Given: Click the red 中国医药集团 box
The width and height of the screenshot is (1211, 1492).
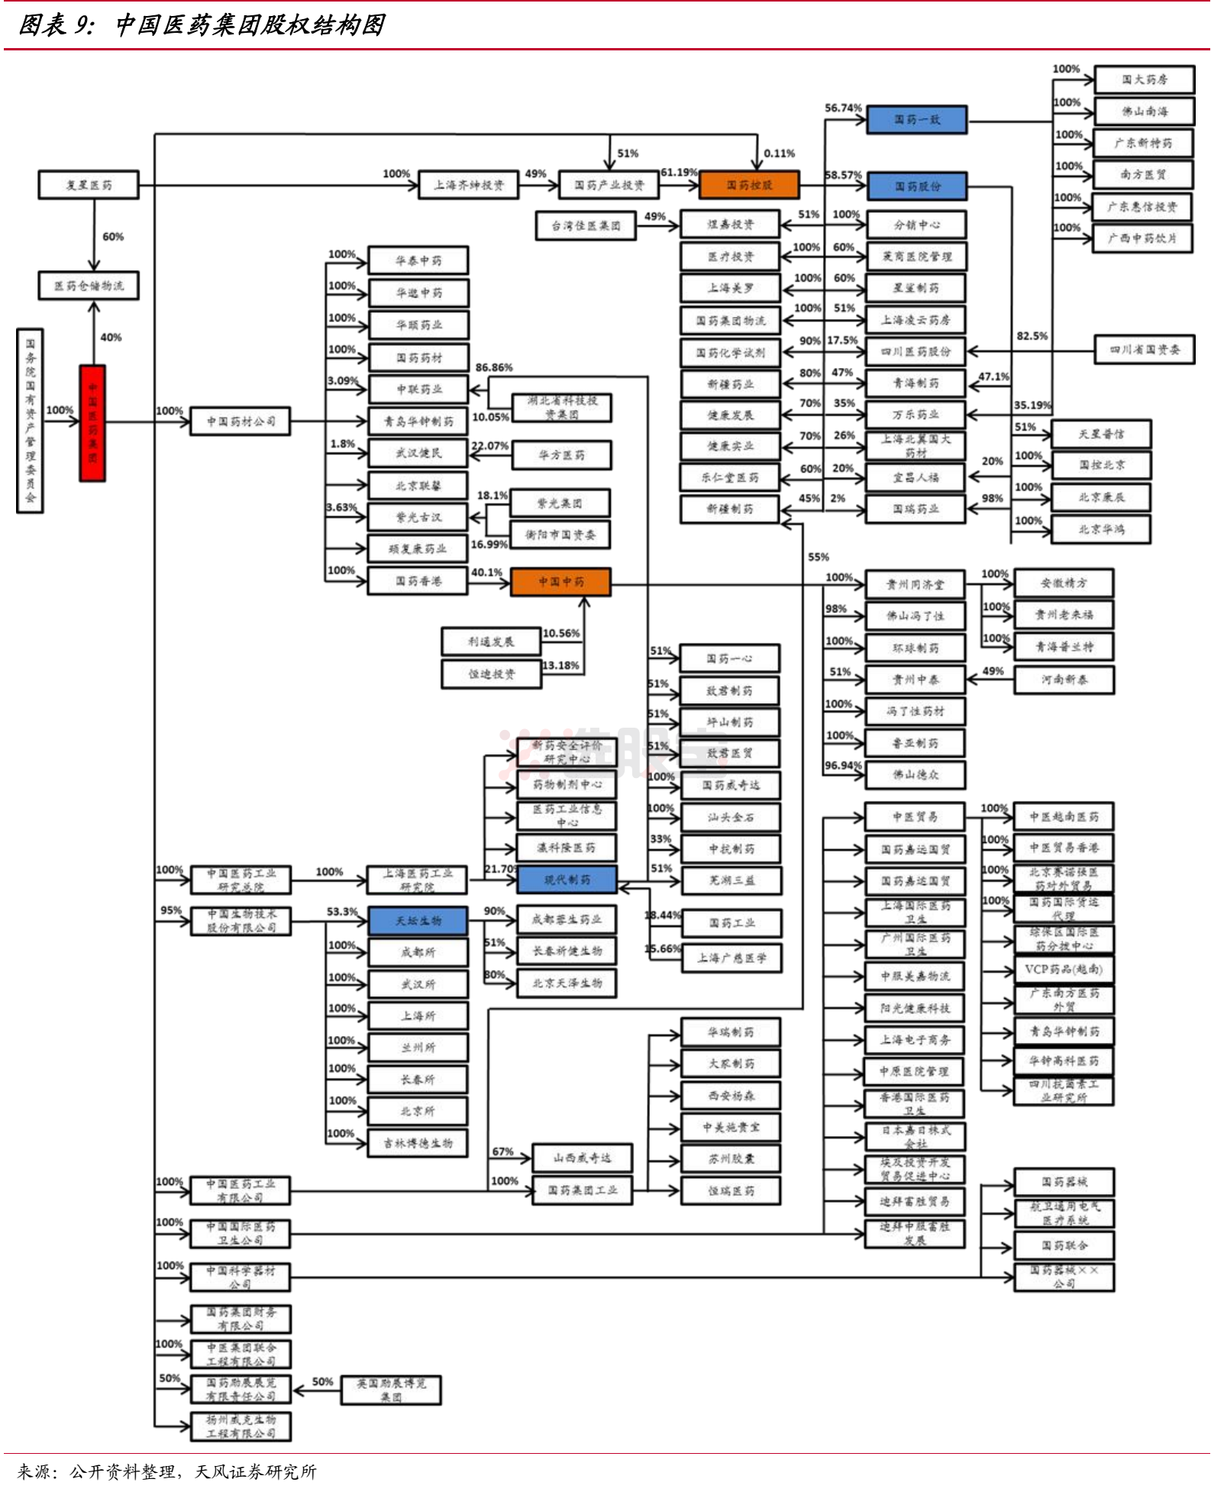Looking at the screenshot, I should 92,423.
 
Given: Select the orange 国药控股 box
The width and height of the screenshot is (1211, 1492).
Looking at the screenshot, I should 749,185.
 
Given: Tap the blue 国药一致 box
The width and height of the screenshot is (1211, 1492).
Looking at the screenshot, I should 916,120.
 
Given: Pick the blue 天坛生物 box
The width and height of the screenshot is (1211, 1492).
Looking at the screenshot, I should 418,921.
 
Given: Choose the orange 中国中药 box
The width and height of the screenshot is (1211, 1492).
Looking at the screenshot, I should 560,582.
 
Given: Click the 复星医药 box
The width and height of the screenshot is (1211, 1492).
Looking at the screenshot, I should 89,185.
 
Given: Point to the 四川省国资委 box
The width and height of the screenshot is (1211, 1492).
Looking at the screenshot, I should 1144,350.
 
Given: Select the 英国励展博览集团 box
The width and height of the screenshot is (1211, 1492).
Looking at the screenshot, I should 391,1390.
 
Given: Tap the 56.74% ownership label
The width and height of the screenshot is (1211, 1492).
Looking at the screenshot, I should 842,108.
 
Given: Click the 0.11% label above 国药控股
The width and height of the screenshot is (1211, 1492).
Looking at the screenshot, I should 779,153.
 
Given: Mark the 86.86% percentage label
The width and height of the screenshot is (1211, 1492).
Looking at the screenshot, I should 494,368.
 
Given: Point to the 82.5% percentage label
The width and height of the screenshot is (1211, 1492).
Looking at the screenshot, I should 1032,336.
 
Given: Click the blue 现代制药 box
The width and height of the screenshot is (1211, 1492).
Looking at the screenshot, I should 567,880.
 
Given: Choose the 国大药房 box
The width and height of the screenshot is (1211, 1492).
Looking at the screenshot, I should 1144,79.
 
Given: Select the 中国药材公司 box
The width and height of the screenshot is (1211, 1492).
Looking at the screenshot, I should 241,421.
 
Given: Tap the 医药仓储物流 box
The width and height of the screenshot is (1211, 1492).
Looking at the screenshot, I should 89,286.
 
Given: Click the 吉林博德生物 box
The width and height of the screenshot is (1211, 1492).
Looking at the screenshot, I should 418,1143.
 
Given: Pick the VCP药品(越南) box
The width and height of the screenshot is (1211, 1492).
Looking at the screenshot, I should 1063,969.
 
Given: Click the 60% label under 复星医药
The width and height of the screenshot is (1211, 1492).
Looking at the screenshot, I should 113,237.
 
